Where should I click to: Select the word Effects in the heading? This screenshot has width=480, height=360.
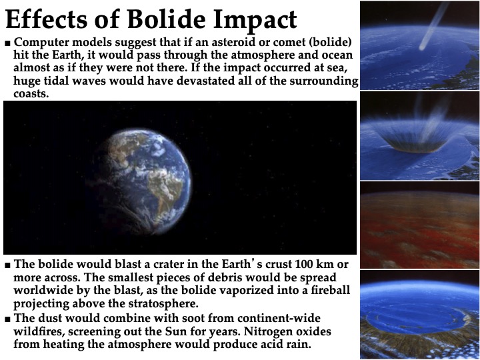pyautogui.click(x=46, y=19)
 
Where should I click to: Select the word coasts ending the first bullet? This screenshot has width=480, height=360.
pyautogui.click(x=31, y=94)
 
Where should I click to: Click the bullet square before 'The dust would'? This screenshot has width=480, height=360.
pyautogui.click(x=7, y=319)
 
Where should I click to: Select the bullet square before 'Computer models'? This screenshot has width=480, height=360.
pyautogui.click(x=7, y=43)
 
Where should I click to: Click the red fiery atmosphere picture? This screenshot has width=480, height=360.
pyautogui.click(x=420, y=225)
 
